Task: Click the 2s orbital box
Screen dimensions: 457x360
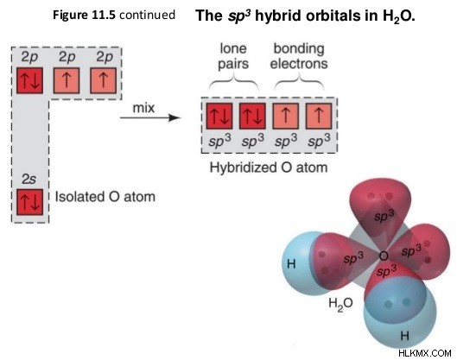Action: pyautogui.click(x=29, y=202)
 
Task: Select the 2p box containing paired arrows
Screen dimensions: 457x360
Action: pyautogui.click(x=29, y=80)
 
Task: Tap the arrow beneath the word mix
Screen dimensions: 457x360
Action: pyautogui.click(x=150, y=117)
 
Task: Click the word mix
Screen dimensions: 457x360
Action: pyautogui.click(x=143, y=108)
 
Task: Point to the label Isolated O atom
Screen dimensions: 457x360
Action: pyautogui.click(x=105, y=197)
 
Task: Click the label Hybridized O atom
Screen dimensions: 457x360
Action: pyautogui.click(x=269, y=167)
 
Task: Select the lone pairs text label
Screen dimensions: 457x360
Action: pyautogui.click(x=233, y=56)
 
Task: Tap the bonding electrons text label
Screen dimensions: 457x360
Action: pyautogui.click(x=299, y=56)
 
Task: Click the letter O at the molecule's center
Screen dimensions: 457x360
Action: pyautogui.click(x=384, y=256)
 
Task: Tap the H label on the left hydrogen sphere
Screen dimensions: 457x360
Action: pyautogui.click(x=291, y=264)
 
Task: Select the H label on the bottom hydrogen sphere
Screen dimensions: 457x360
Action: pyautogui.click(x=405, y=336)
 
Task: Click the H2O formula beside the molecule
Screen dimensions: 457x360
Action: pyautogui.click(x=340, y=304)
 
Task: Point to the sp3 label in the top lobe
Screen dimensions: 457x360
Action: pyautogui.click(x=384, y=216)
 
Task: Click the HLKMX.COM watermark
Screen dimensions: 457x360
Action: pyautogui.click(x=425, y=353)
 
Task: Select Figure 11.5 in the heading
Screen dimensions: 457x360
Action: pyautogui.click(x=85, y=16)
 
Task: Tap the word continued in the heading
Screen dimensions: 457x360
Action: pyautogui.click(x=147, y=15)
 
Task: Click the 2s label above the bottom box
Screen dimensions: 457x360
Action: pyautogui.click(x=29, y=180)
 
